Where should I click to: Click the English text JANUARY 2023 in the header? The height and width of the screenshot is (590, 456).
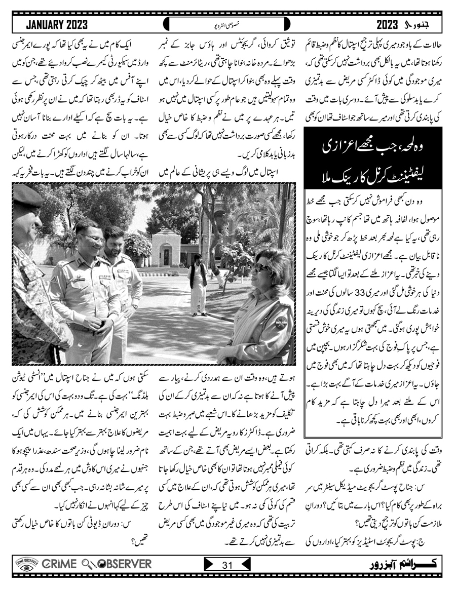pos(57,24)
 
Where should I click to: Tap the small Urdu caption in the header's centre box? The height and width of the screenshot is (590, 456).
pos(227,24)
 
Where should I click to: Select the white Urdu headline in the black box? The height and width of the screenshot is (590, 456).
pos(375,163)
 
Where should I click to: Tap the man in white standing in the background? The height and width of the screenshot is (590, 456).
pos(198,281)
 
